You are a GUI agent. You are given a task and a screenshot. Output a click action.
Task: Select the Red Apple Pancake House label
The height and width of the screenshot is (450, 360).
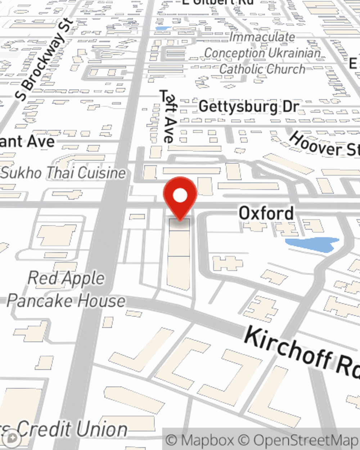pyautogui.click(x=66, y=289)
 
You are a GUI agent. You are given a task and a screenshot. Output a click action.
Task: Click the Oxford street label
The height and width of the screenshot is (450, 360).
pyautogui.click(x=266, y=213)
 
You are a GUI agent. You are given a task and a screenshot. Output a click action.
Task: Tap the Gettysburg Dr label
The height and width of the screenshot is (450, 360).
pyautogui.click(x=249, y=107)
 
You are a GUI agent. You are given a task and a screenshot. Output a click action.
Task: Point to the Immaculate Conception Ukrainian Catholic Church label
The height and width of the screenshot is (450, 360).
pyautogui.click(x=262, y=53)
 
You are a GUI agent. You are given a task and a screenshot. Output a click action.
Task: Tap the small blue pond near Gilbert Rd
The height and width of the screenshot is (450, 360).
pyautogui.click(x=163, y=28)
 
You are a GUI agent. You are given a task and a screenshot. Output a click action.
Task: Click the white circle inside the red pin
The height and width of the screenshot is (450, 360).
pyautogui.click(x=180, y=196)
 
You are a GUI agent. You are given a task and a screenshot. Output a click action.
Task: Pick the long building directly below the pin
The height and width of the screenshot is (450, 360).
pyautogui.click(x=179, y=256)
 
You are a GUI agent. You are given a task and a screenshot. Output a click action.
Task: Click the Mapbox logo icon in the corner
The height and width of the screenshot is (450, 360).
pyautogui.click(x=12, y=438)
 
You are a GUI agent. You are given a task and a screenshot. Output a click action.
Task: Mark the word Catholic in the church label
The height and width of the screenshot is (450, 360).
pyautogui.click(x=240, y=69)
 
